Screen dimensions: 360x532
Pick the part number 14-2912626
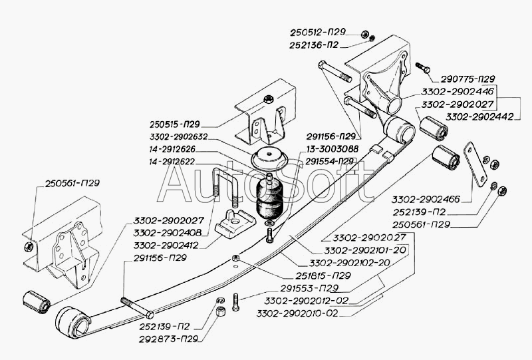177,150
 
